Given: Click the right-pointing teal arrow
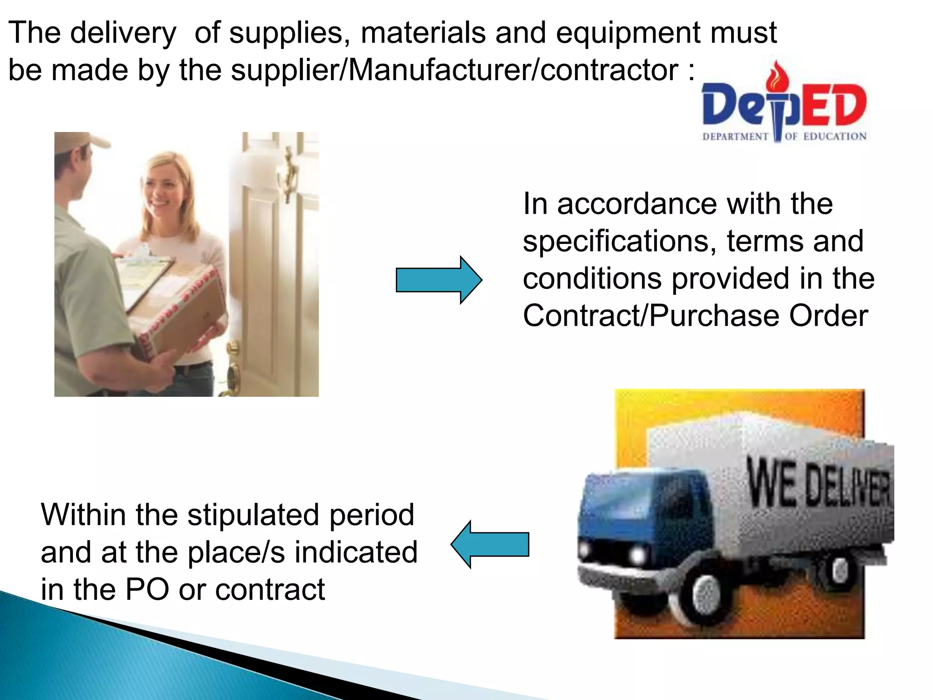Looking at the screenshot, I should pyautogui.click(x=439, y=280).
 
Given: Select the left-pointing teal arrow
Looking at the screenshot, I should pyautogui.click(x=490, y=544).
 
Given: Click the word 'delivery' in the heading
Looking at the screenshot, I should pyautogui.click(x=123, y=33).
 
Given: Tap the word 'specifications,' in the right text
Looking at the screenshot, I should pyautogui.click(x=620, y=242).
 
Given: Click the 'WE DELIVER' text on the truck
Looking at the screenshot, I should pyautogui.click(x=818, y=485).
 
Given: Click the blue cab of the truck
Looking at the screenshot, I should pyautogui.click(x=638, y=510).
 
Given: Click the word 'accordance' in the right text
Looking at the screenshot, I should pyautogui.click(x=638, y=204).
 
